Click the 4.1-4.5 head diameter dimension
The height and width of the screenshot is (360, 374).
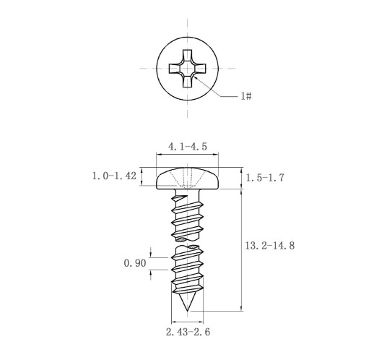188,147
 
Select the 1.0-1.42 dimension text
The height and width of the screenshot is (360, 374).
114,176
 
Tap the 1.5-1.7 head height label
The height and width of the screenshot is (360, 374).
265,178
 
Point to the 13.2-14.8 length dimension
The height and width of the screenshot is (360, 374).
270,246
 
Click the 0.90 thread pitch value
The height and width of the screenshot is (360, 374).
135,263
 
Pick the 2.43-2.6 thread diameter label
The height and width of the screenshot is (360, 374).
188,332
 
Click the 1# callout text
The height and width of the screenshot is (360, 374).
246,96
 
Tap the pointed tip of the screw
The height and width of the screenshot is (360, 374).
187,311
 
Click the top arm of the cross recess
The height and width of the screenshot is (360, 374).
187,56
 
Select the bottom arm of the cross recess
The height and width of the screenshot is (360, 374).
187,81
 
